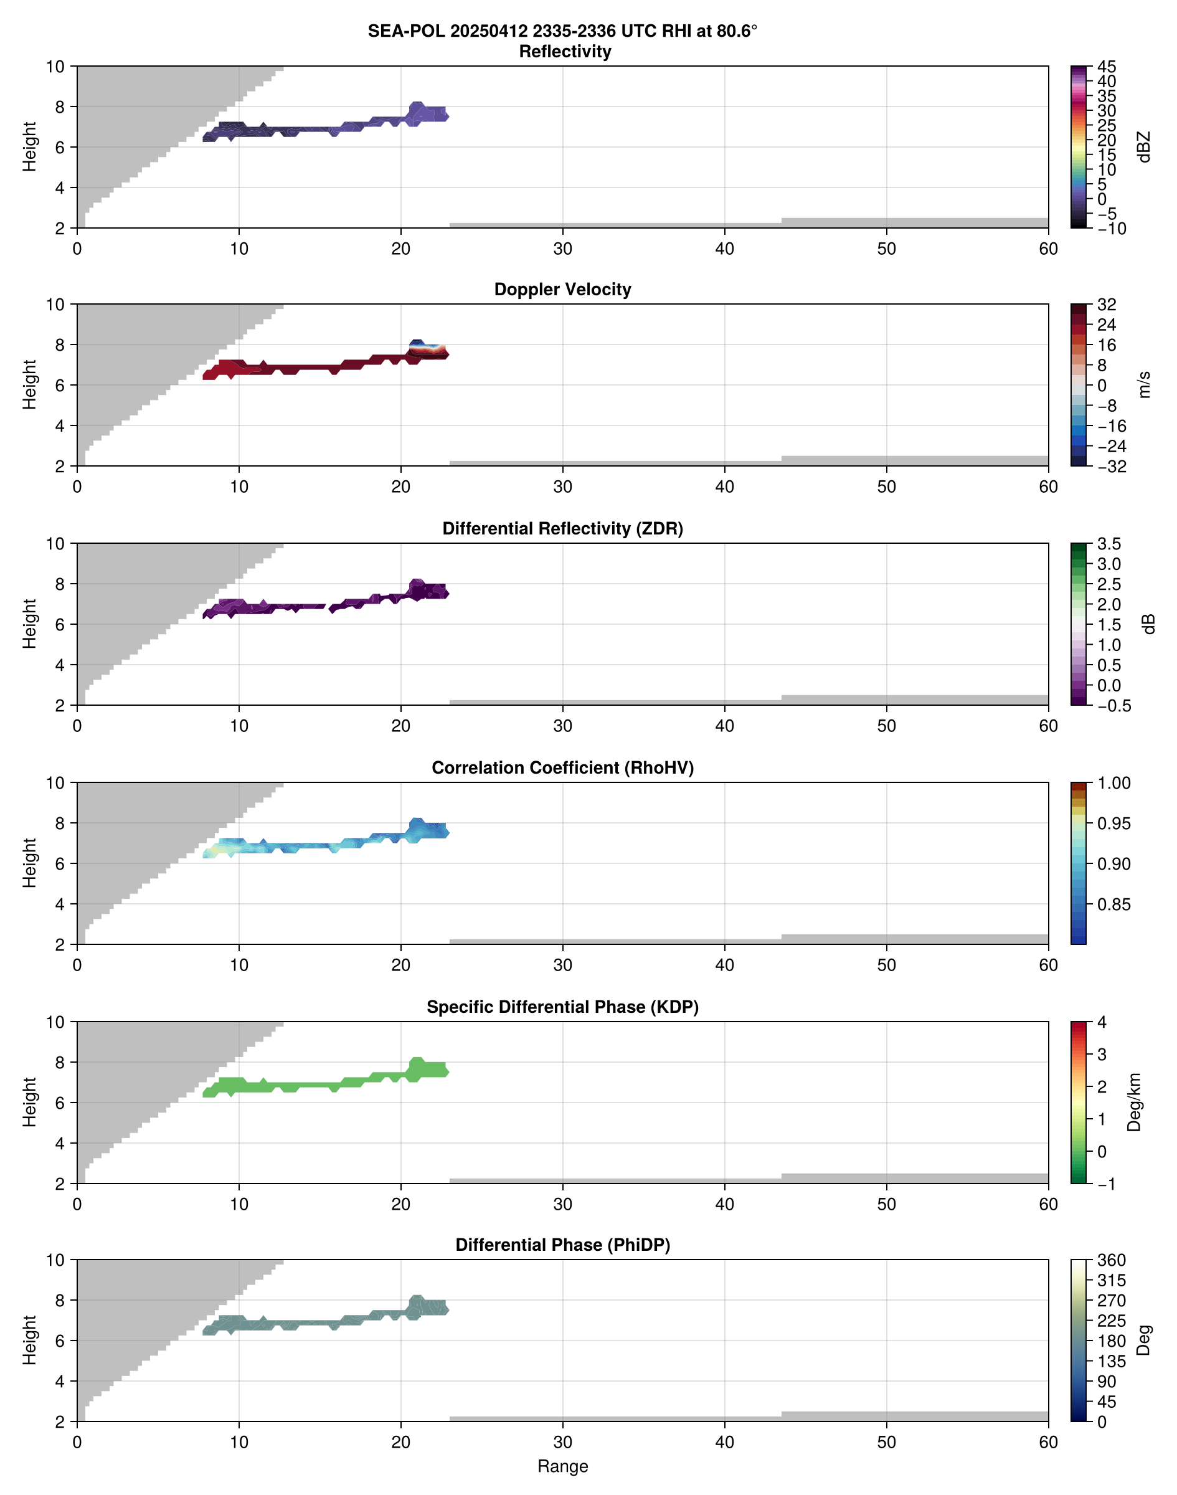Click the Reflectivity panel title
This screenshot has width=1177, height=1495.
point(565,52)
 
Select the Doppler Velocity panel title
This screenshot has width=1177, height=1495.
point(562,290)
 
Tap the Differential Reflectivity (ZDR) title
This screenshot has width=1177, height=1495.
point(562,529)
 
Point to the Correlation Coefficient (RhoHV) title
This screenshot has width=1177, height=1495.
point(562,768)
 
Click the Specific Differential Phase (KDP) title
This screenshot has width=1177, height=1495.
point(562,1007)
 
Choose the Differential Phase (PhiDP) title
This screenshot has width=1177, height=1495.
point(562,1245)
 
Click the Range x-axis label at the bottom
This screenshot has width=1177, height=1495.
point(562,1466)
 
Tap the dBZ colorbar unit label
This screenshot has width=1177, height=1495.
point(1144,147)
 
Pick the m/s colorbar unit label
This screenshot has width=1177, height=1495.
point(1144,384)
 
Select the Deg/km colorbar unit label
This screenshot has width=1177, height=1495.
point(1133,1103)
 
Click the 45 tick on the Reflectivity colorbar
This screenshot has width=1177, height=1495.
point(1107,67)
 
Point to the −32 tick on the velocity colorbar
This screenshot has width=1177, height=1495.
point(1112,467)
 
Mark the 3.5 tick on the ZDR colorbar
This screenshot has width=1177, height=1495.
point(1108,544)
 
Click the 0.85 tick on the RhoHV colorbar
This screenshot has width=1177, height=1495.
point(1113,904)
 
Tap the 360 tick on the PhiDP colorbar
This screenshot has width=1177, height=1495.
point(1112,1261)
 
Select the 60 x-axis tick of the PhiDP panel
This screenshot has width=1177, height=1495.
point(1048,1442)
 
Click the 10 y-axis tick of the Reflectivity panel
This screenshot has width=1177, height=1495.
point(55,67)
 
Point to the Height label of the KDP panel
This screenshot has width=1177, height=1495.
point(29,1102)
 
